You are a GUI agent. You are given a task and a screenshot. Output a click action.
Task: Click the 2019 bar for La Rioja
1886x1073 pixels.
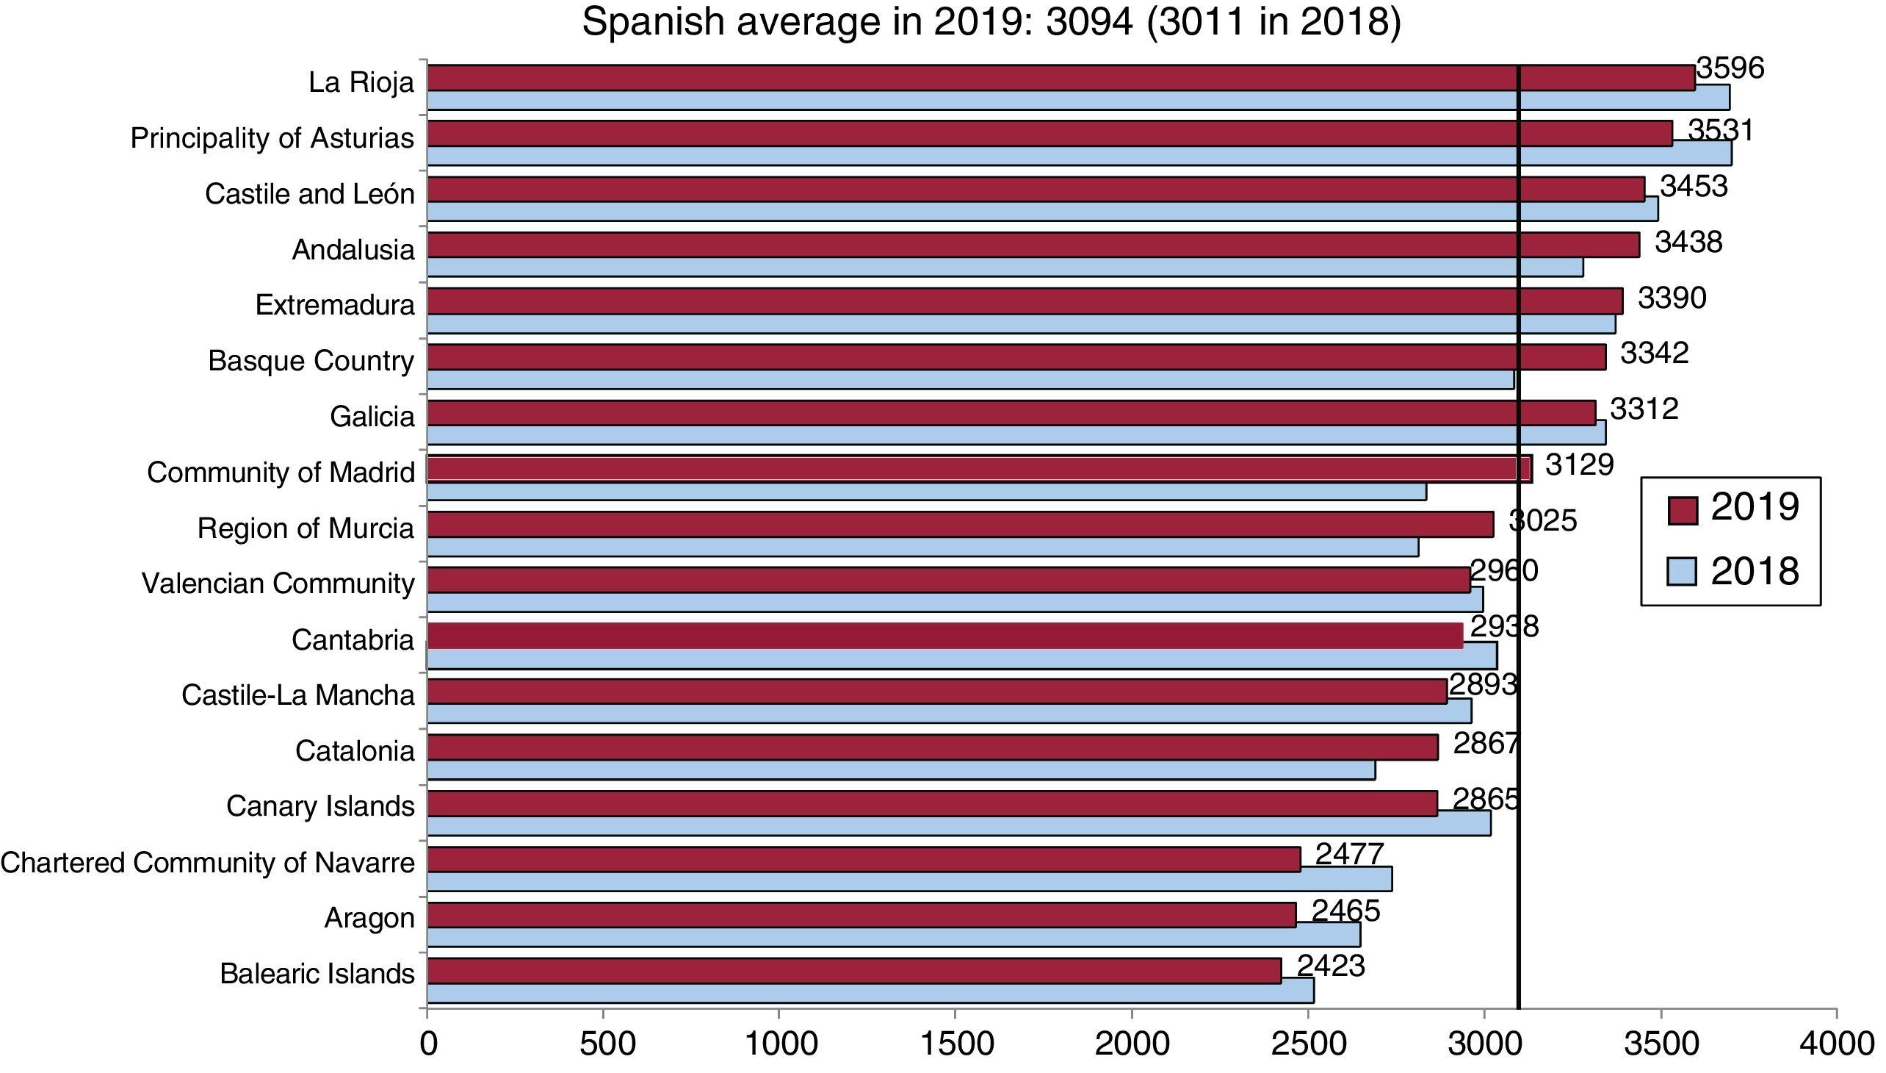point(1061,78)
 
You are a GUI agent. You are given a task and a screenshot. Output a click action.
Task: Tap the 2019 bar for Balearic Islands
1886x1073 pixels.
point(854,972)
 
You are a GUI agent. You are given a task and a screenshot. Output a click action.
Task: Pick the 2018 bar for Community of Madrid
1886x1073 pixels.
point(926,492)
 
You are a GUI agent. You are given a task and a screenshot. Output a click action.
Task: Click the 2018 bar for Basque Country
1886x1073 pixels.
point(970,379)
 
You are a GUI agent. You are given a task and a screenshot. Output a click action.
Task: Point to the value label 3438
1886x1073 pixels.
point(1688,243)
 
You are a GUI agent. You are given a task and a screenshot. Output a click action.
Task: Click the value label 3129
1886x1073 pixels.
point(1579,465)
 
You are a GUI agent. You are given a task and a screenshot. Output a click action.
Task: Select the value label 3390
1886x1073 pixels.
point(1672,298)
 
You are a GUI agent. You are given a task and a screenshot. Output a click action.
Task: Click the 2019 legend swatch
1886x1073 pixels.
point(1682,510)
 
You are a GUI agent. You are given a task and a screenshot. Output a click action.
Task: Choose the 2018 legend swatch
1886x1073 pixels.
point(1682,572)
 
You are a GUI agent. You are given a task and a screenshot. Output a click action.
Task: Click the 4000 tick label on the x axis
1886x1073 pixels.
point(1837,1044)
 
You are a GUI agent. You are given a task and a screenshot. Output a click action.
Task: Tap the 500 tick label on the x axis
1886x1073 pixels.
point(603,1044)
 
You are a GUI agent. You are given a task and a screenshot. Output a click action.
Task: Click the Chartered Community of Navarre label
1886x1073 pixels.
point(208,862)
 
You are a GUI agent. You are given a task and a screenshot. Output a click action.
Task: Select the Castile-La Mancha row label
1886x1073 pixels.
point(298,695)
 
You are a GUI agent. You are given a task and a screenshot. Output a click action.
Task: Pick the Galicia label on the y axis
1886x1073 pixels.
point(372,417)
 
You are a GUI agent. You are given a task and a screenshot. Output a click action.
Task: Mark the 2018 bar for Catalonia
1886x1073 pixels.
point(900,770)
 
